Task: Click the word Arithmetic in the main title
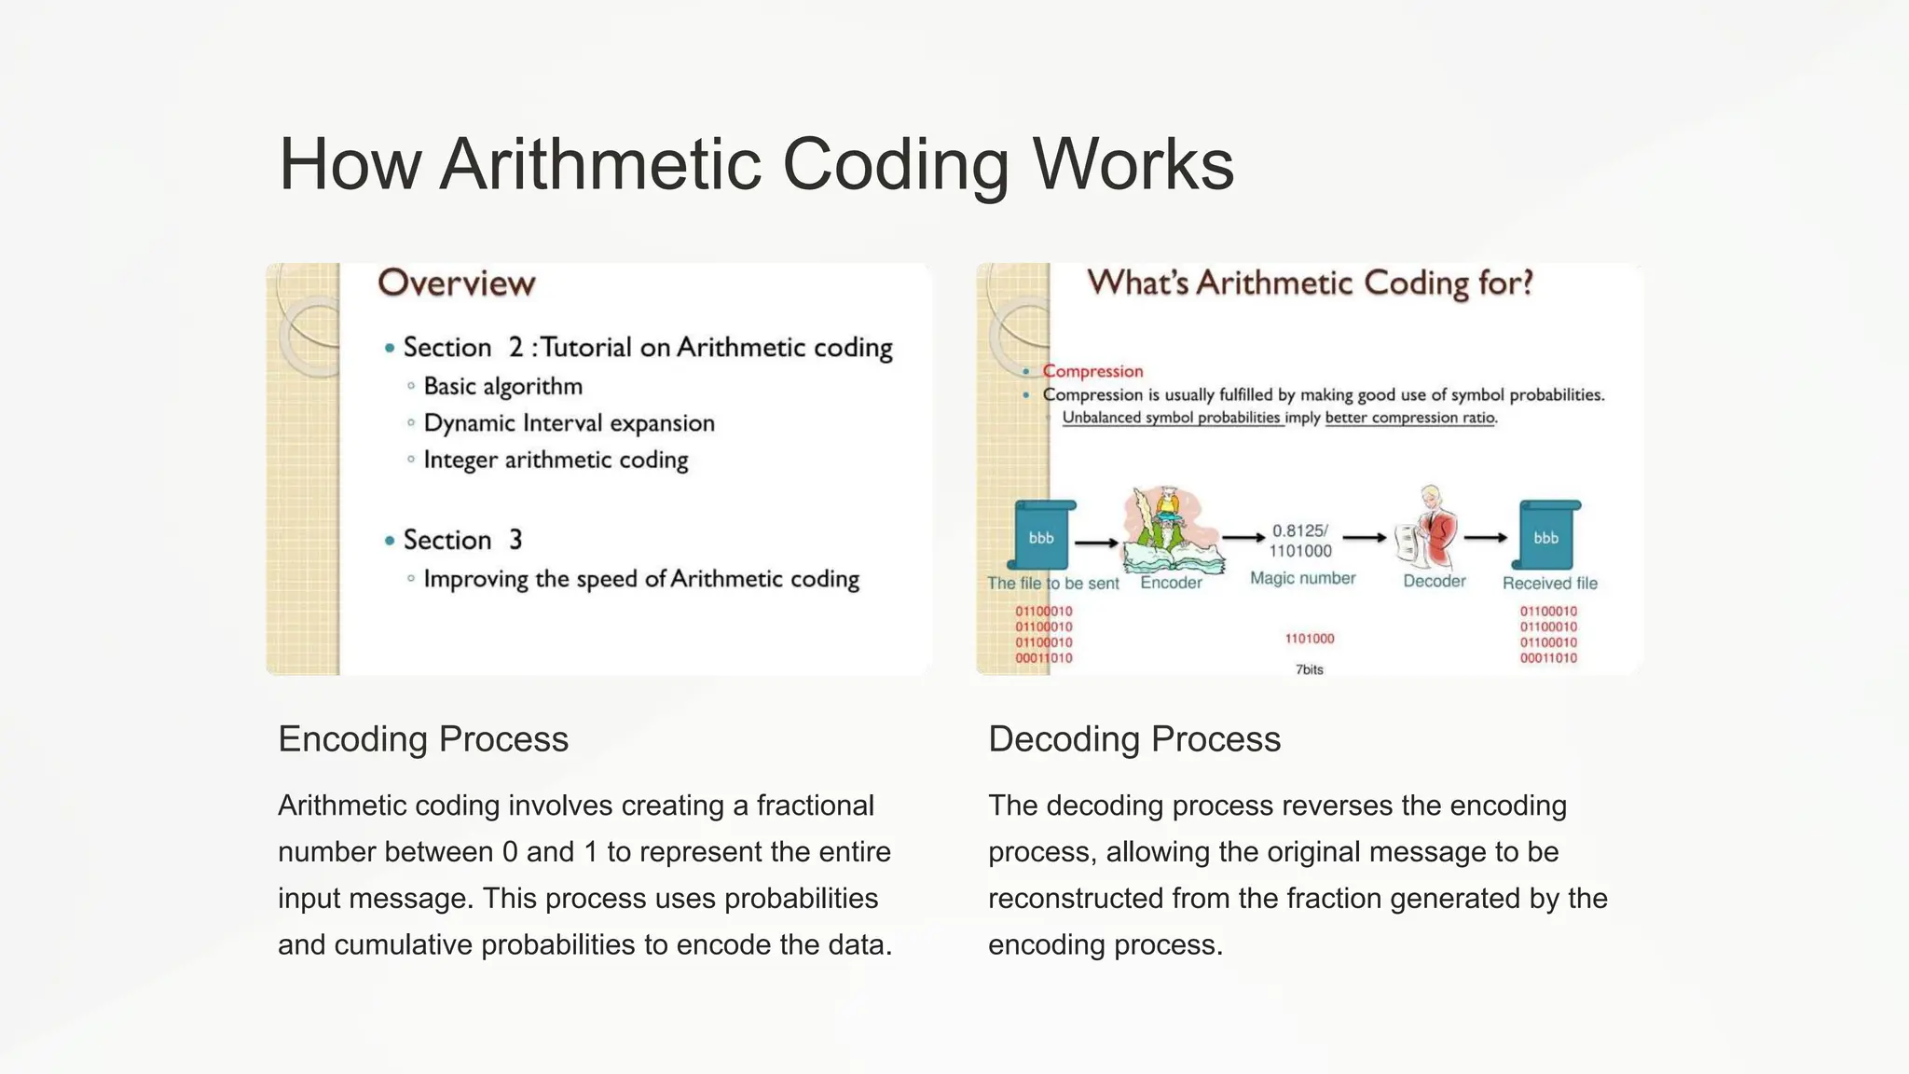pos(600,165)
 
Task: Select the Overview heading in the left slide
pos(456,283)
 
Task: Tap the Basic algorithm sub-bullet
pos(502,386)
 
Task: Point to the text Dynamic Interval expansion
pos(569,423)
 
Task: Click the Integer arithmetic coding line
pos(556,460)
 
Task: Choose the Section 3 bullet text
pos(462,540)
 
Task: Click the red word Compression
pos(1092,371)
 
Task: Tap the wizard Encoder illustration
pos(1171,531)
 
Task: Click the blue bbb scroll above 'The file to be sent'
pos(1042,536)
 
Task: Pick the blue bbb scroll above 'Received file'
pos(1546,536)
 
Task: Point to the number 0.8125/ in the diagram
pos(1299,530)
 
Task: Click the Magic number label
pos(1302,578)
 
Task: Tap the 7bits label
pos(1309,669)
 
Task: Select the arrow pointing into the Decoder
pos(1365,537)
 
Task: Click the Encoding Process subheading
pos(423,739)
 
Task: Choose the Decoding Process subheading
pos(1134,739)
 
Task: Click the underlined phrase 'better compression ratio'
pos(1409,418)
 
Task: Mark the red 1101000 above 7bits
pos(1309,639)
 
